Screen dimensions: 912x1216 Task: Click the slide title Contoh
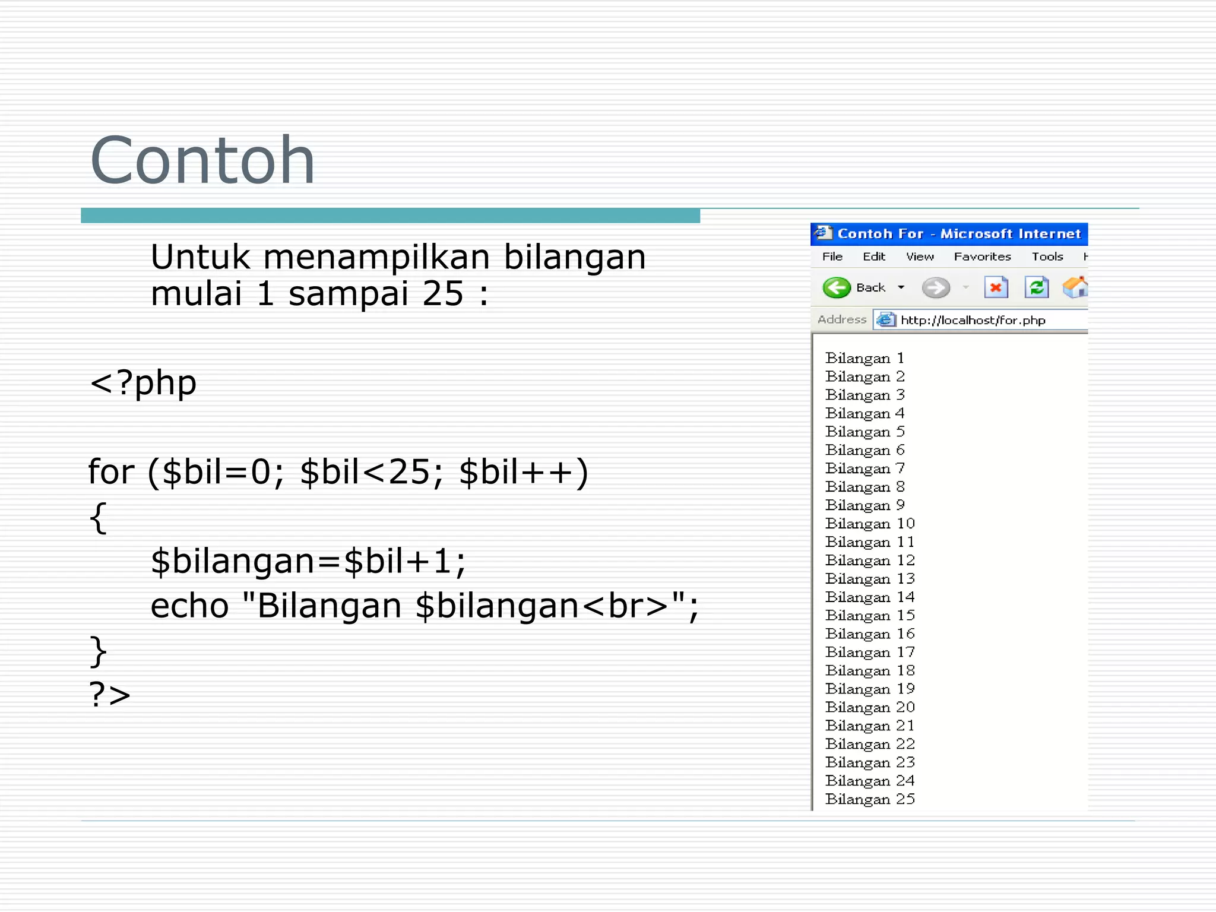[202, 160]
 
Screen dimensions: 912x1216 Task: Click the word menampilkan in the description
[376, 257]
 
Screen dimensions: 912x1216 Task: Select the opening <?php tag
[142, 383]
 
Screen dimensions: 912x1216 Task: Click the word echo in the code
[189, 606]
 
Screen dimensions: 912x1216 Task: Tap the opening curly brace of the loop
[99, 518]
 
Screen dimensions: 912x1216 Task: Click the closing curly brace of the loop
[99, 651]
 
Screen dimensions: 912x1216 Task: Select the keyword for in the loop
[111, 472]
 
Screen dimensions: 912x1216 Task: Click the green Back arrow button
[837, 288]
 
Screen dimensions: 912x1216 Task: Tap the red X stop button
[996, 288]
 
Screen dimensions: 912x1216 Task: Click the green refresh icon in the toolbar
[1036, 288]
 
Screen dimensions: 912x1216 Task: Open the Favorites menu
[982, 256]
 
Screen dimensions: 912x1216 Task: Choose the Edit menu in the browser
[873, 256]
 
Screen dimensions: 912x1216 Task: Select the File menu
[832, 256]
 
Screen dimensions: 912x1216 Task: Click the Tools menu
[1047, 256]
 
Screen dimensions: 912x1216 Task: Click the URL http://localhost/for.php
[973, 321]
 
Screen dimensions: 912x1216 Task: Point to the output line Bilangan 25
[870, 799]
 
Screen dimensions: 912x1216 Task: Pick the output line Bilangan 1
[864, 359]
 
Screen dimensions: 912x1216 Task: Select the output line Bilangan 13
[870, 579]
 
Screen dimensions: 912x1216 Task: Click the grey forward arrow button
[935, 288]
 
